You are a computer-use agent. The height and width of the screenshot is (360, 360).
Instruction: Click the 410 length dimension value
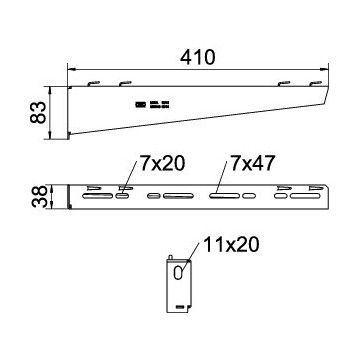(198, 58)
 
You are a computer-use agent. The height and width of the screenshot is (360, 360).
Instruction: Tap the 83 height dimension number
(38, 113)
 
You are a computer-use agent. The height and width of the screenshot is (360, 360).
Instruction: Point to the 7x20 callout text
(162, 164)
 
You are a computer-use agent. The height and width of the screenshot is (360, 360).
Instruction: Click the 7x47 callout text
(252, 164)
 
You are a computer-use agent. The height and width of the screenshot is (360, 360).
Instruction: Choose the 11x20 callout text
(231, 245)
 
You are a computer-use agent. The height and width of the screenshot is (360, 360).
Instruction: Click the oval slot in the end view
(178, 272)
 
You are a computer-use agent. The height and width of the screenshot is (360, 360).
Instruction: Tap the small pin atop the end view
(171, 258)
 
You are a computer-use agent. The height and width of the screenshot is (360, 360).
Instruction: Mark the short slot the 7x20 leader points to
(122, 196)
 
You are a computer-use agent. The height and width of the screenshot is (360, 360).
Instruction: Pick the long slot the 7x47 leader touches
(225, 196)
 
